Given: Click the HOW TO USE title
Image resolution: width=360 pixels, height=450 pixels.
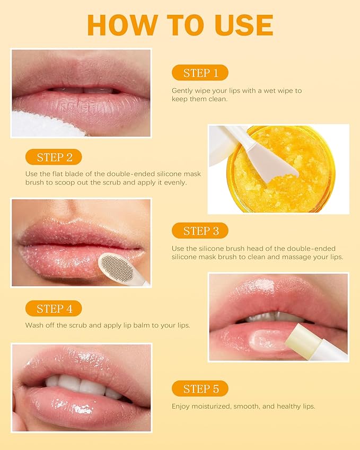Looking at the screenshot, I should click(180, 25).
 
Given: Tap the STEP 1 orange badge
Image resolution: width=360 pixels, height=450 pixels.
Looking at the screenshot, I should click(200, 73).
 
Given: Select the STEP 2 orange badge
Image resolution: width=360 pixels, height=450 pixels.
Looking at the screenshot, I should click(54, 157).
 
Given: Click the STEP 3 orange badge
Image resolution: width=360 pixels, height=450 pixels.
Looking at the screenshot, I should click(200, 231).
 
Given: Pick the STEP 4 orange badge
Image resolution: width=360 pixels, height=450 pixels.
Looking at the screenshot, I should click(54, 308).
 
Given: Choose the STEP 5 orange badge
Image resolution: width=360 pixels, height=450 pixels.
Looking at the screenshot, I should click(200, 389).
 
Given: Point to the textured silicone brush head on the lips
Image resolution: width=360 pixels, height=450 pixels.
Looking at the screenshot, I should click(117, 266).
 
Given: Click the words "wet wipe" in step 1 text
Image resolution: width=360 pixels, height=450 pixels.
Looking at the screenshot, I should click(275, 91).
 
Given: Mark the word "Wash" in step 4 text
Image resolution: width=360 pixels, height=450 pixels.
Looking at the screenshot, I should click(34, 325).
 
